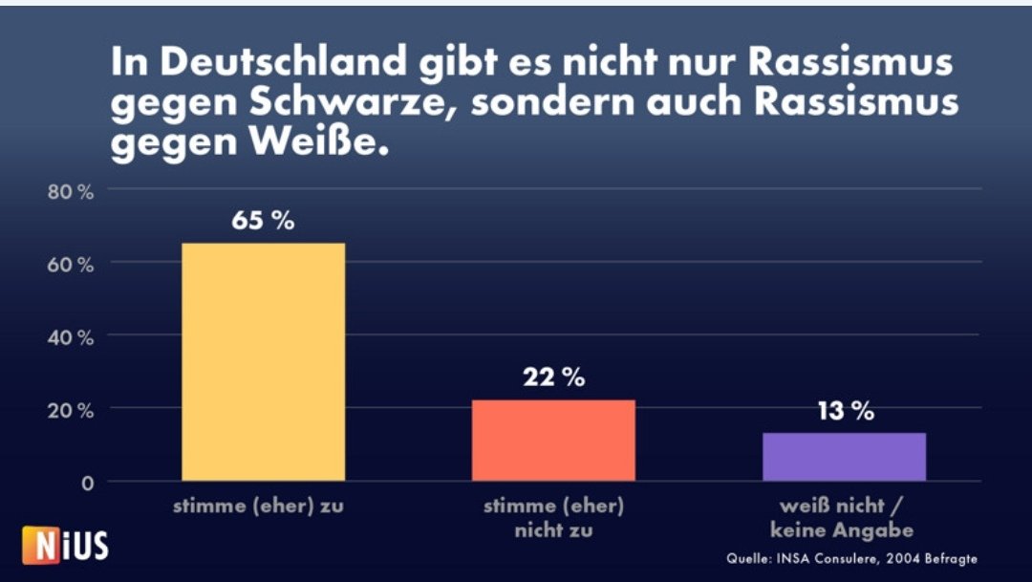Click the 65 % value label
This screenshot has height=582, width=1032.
coord(263,220)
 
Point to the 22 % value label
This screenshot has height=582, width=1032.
coord(553,377)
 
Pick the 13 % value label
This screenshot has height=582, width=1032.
coord(844,411)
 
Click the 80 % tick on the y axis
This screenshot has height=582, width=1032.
coord(71,192)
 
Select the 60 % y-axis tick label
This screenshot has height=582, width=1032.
coord(71,265)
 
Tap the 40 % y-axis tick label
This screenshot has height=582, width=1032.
coord(71,337)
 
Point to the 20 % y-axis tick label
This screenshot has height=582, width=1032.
coord(71,410)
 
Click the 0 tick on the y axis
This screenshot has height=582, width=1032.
coord(86,483)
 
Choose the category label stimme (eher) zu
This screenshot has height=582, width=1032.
coord(258,507)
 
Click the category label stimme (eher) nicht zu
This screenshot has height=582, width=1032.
coord(553,517)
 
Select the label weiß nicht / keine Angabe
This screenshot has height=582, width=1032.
coord(844,517)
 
